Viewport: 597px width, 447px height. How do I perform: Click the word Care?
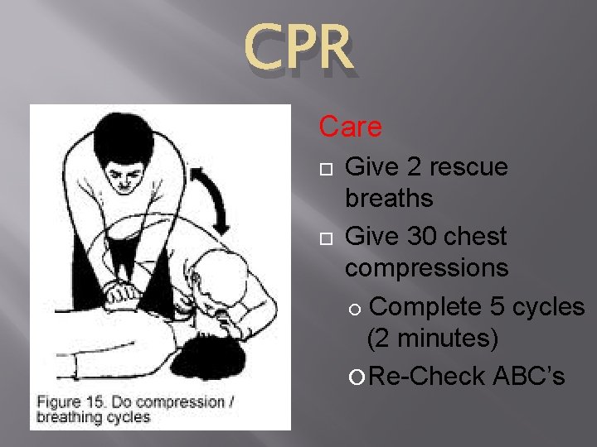[x=351, y=127]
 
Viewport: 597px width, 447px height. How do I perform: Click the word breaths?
[x=389, y=199]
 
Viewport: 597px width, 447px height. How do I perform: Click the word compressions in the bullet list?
[x=427, y=268]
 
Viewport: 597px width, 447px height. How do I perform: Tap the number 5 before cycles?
[x=498, y=306]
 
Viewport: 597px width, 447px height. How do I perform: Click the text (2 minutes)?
[x=433, y=339]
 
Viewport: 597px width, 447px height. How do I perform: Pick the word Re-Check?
[x=427, y=376]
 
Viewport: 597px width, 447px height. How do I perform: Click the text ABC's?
[x=529, y=376]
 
